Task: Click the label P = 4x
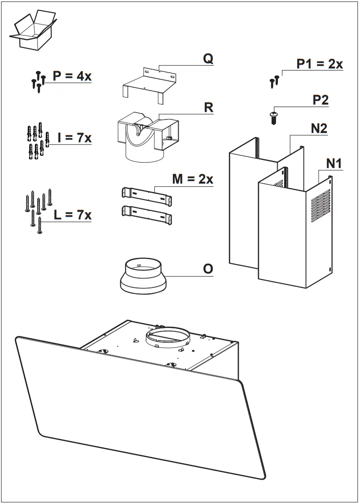pos(72,76)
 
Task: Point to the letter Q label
pos(208,59)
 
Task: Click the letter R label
pos(208,108)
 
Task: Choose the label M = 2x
pos(193,179)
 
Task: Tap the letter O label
pos(208,269)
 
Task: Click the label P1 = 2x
pos(320,64)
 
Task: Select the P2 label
pos(320,100)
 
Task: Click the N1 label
pos(334,164)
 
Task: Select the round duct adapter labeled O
pos(143,276)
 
